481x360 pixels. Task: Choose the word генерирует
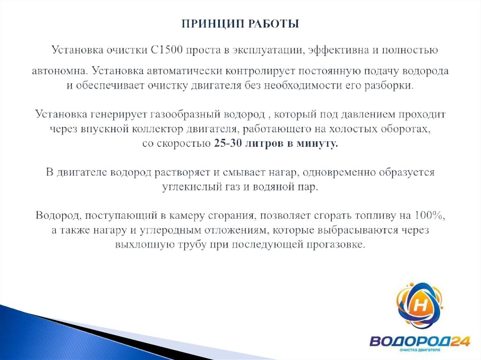123,115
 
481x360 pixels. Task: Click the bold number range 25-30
227,144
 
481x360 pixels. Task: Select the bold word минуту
317,144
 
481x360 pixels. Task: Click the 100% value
429,216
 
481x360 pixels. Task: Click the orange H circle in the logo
422,306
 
